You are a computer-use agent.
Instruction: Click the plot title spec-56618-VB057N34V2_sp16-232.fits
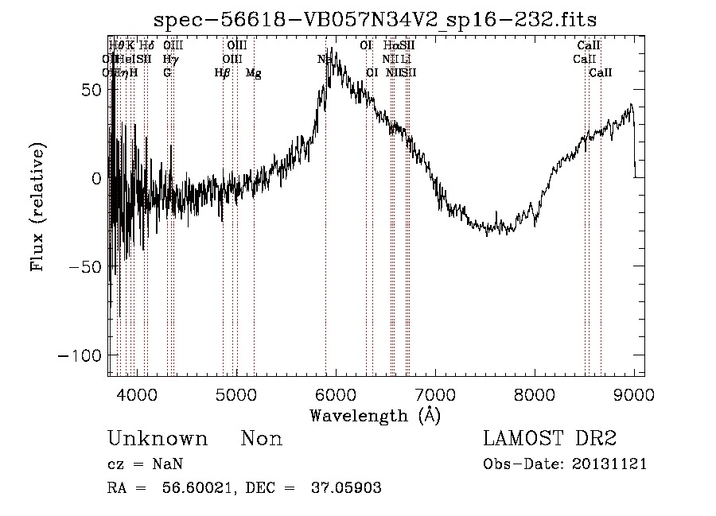pyautogui.click(x=376, y=18)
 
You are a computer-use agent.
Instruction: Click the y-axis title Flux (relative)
pyautogui.click(x=37, y=208)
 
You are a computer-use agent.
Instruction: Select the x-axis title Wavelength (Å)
pyautogui.click(x=375, y=415)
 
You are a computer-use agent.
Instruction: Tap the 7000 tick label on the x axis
pyautogui.click(x=435, y=394)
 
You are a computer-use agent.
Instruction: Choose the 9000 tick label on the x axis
pyautogui.click(x=634, y=394)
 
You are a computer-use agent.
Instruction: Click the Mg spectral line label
pyautogui.click(x=254, y=73)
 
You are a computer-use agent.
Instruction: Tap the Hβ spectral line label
pyautogui.click(x=223, y=73)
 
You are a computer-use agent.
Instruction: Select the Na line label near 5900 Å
pyautogui.click(x=325, y=59)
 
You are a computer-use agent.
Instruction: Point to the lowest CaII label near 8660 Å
pyautogui.click(x=601, y=73)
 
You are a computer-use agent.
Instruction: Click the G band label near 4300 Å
pyautogui.click(x=167, y=73)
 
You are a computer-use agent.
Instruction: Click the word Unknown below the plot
pyautogui.click(x=158, y=439)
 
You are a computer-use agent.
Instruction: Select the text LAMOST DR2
pyautogui.click(x=550, y=439)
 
